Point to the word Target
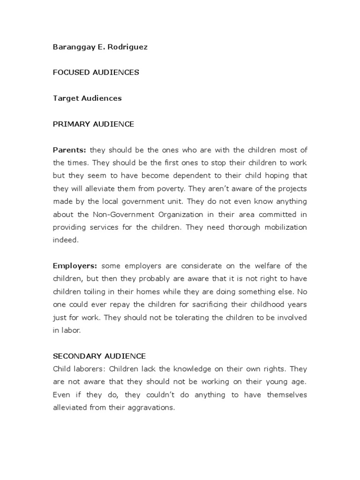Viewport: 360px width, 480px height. tap(64, 98)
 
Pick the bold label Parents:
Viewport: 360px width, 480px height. tap(69, 150)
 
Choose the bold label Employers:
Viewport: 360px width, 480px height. tap(75, 266)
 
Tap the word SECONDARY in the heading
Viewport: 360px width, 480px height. tap(75, 356)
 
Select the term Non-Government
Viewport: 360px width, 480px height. tap(121, 214)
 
